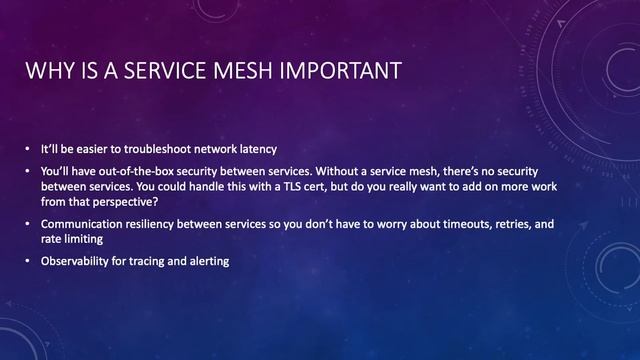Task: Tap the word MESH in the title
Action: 242,71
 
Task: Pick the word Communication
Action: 80,225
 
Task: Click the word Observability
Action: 73,262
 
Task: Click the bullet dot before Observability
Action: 30,262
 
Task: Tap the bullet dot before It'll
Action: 30,147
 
